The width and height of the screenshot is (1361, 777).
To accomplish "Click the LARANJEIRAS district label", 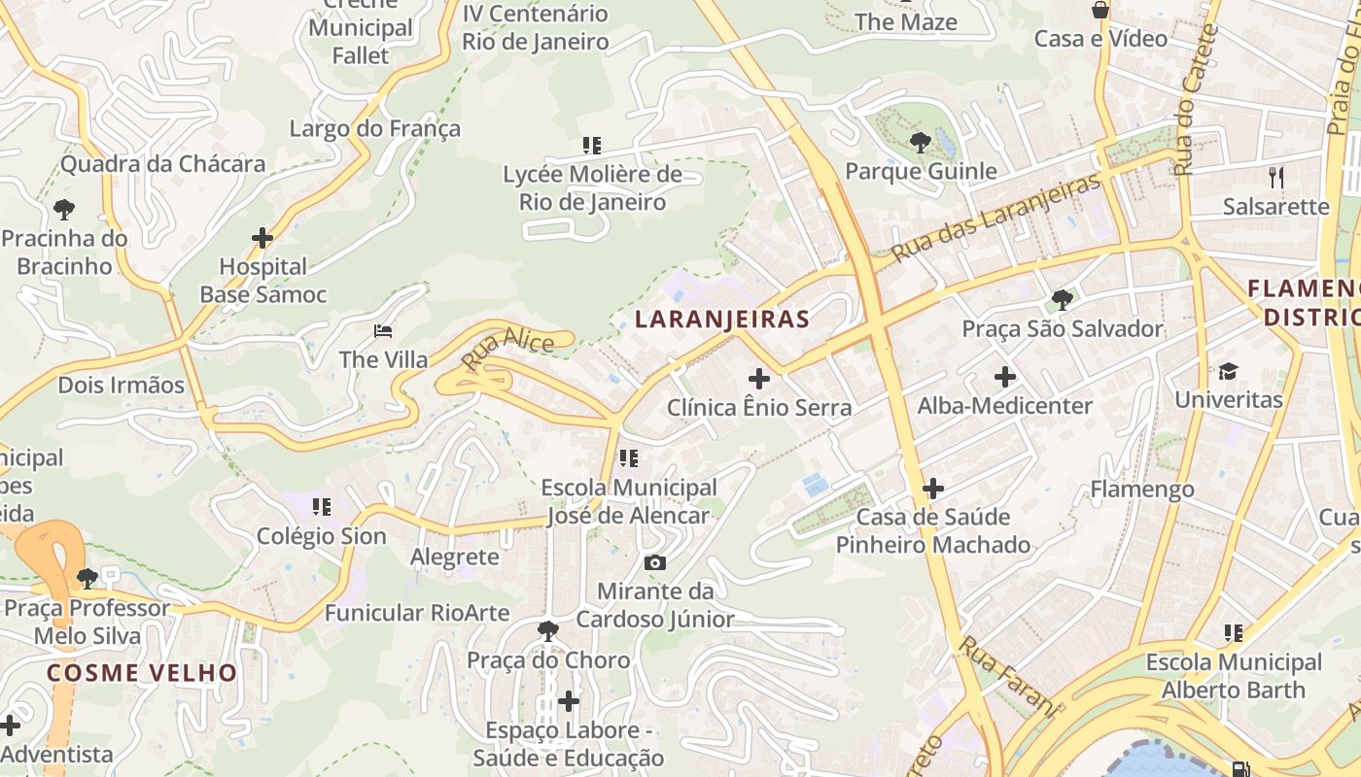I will [x=721, y=320].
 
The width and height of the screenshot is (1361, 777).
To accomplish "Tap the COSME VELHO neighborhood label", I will [x=142, y=673].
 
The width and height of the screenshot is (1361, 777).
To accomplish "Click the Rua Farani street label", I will [x=1007, y=677].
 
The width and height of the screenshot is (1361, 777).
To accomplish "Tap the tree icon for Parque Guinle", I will [x=920, y=144].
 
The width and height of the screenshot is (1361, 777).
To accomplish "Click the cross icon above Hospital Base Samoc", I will [x=262, y=237].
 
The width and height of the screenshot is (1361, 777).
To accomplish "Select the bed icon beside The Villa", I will [x=383, y=331].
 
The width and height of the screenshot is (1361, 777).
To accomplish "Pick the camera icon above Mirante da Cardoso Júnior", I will [x=655, y=562].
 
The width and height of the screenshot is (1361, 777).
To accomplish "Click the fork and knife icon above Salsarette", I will [x=1276, y=177].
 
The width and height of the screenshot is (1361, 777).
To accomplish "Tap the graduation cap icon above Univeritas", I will [x=1229, y=371].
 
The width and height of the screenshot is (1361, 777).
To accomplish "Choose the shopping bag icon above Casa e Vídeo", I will [x=1100, y=10].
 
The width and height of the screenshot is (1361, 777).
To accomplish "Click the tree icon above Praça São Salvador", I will [x=1062, y=300].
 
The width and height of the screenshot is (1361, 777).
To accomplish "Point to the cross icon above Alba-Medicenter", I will [x=1005, y=377].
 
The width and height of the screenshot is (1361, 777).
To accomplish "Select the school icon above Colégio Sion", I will [x=322, y=506].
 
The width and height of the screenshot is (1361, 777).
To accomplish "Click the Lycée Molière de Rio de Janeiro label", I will [x=592, y=188].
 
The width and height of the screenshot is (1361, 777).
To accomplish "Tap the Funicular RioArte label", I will [x=417, y=613].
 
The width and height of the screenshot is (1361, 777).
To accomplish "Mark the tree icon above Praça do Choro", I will [x=548, y=631].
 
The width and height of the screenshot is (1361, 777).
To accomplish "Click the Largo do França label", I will [x=375, y=128].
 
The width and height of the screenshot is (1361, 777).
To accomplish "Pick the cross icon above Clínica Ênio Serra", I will [x=759, y=379].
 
